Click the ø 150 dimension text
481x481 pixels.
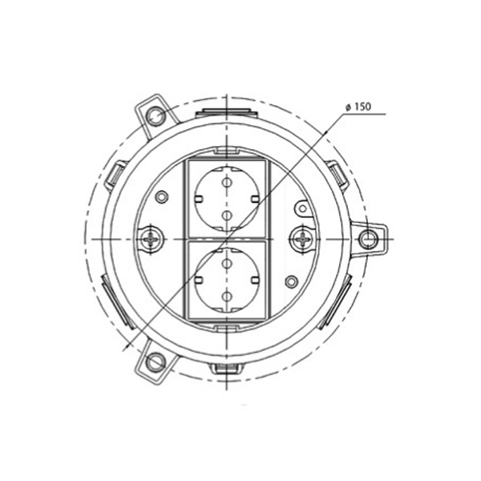358,107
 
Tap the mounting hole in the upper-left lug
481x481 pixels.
156,116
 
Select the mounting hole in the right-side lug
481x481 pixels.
368,239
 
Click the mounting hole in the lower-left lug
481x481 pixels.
155,362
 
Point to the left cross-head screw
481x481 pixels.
151,239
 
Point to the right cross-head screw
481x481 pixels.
302,239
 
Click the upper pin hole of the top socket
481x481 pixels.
226,183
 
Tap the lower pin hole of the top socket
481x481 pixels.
226,216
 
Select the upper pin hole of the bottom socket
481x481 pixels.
226,263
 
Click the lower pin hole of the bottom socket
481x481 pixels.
226,296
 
